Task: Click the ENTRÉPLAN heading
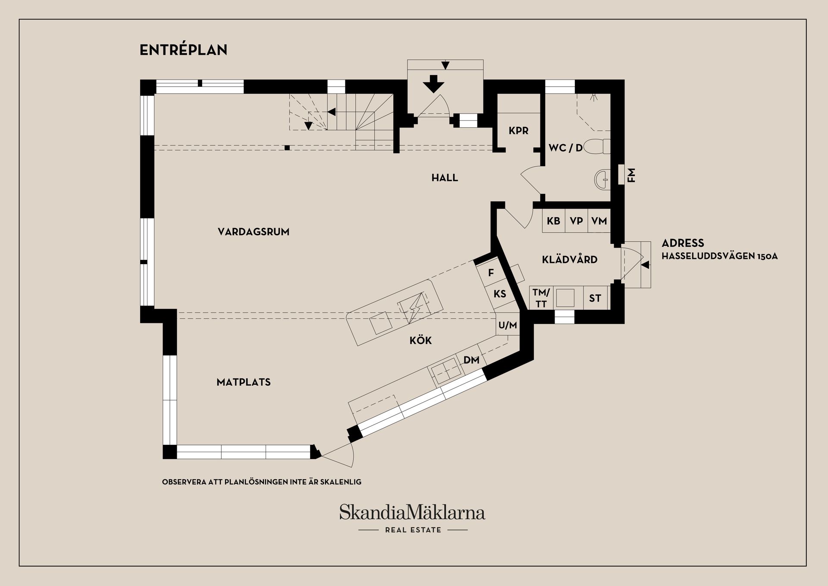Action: click(x=183, y=50)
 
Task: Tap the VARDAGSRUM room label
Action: click(x=254, y=232)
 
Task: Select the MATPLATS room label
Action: click(x=244, y=382)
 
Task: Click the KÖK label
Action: click(x=420, y=340)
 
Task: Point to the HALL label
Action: click(x=445, y=178)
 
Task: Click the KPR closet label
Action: click(x=518, y=131)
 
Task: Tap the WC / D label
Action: click(x=565, y=148)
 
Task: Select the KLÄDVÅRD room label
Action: click(x=570, y=259)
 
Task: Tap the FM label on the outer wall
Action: click(x=631, y=175)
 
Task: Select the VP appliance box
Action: click(x=577, y=221)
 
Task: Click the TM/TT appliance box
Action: click(x=541, y=298)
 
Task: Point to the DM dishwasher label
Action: click(x=471, y=360)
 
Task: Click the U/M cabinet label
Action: click(x=508, y=325)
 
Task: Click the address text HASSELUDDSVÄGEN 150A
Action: click(x=719, y=256)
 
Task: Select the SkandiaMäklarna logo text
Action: click(x=412, y=512)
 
